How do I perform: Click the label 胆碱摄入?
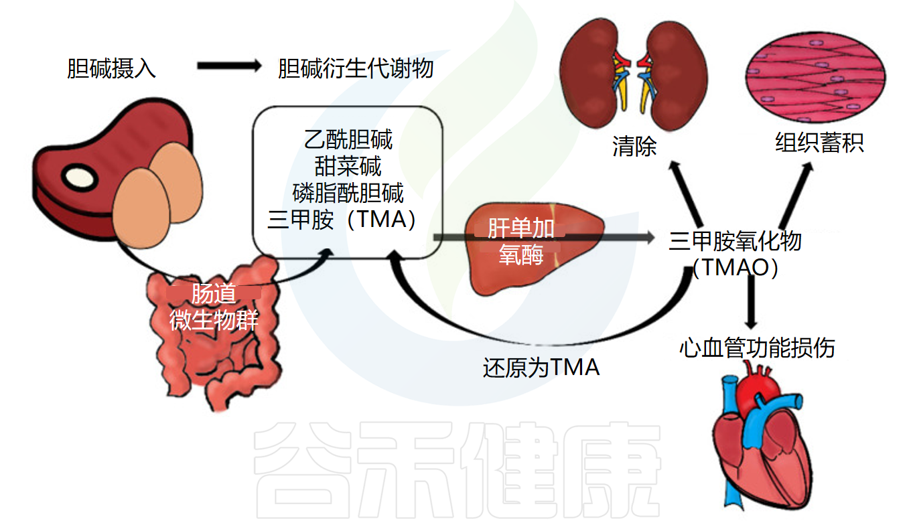tap(111, 68)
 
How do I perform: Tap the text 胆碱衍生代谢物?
tap(356, 68)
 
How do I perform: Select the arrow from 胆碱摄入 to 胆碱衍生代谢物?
tap(228, 66)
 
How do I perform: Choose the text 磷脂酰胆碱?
tap(348, 192)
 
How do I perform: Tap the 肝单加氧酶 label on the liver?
tap(520, 241)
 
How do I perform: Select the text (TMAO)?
tap(735, 268)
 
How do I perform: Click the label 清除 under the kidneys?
tap(634, 146)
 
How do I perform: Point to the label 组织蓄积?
tap(819, 143)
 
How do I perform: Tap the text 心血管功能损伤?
tap(757, 348)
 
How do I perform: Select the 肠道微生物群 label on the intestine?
tap(213, 307)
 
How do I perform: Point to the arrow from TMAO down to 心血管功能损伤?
tap(752, 301)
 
